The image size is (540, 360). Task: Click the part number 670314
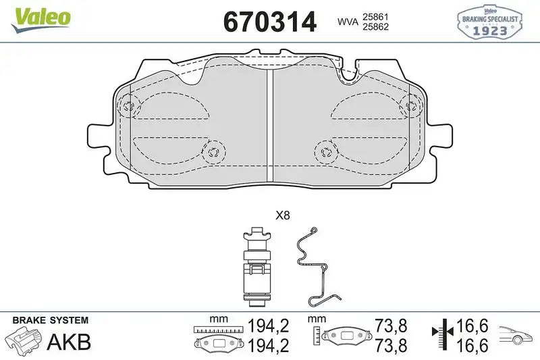[269, 22]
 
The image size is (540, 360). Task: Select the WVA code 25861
[376, 16]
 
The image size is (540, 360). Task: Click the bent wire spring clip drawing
[314, 267]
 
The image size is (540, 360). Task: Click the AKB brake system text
[69, 342]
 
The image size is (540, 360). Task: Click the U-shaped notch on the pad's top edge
[349, 75]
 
